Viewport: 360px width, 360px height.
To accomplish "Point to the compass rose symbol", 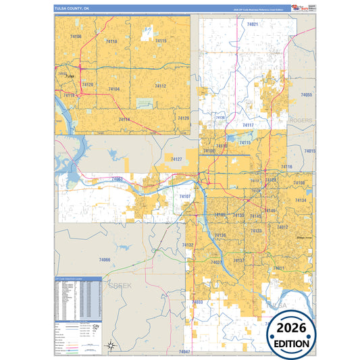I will click(x=111, y=346).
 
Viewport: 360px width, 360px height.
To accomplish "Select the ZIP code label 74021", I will click(x=253, y=24).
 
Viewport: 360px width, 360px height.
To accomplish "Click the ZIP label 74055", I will click(x=307, y=95).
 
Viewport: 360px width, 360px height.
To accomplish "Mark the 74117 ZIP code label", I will click(x=247, y=125).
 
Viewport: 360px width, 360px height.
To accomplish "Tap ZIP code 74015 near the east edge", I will click(x=309, y=151).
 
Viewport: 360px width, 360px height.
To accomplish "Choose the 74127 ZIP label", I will click(x=176, y=159).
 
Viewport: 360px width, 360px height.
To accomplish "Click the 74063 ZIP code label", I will click(x=118, y=179).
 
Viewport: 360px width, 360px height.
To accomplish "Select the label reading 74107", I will click(x=186, y=197).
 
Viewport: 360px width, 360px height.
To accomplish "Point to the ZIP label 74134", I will click(x=301, y=201).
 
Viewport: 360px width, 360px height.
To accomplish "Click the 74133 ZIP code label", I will click(x=256, y=231).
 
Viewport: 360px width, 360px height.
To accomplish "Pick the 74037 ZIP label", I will click(x=216, y=261).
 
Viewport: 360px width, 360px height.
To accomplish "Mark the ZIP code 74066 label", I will click(x=104, y=259).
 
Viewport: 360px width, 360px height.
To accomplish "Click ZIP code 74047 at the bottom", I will click(x=185, y=352).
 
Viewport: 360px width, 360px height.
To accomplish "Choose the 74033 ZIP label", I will click(x=198, y=302).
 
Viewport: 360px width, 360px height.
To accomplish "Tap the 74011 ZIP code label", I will click(x=279, y=268).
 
